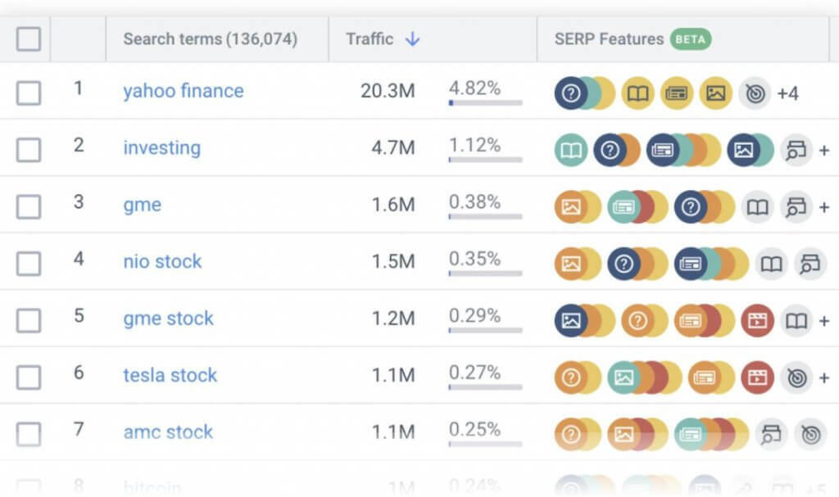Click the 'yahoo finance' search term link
[x=183, y=91]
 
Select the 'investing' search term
[x=161, y=148]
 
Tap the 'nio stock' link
[x=162, y=262]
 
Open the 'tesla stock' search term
[x=170, y=376]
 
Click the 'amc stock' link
[x=168, y=432]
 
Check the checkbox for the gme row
[x=29, y=206]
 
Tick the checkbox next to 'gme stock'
[x=29, y=320]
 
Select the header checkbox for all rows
[x=29, y=38]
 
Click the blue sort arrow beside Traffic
[x=412, y=38]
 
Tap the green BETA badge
[x=691, y=38]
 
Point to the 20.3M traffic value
[x=388, y=91]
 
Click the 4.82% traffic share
[x=474, y=88]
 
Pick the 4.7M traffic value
[x=393, y=148]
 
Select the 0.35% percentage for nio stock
[x=474, y=259]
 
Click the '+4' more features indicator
[x=787, y=93]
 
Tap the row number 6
[x=79, y=373]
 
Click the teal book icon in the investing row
[x=570, y=151]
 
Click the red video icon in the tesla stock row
[x=757, y=377]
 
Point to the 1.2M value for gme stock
[x=393, y=319]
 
